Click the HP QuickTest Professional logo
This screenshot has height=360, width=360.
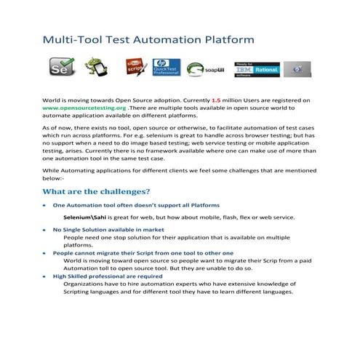click(166, 68)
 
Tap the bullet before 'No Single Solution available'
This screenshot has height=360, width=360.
click(47, 229)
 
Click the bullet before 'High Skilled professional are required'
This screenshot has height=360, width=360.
click(47, 276)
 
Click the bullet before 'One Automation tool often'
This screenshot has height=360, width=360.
click(47, 205)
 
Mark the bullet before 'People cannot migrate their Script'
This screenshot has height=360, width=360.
click(47, 253)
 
